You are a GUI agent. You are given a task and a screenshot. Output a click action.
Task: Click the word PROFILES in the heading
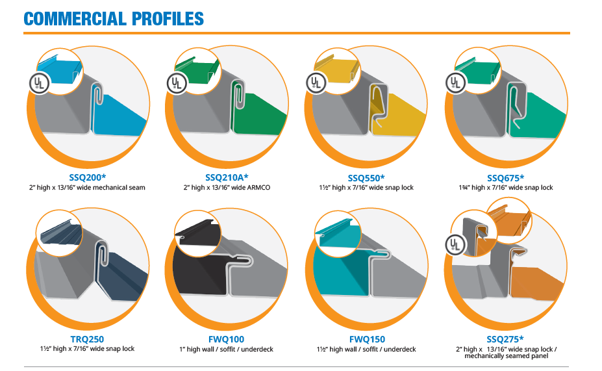tap(168, 19)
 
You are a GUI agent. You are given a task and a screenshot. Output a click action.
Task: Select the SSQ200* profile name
tap(88, 177)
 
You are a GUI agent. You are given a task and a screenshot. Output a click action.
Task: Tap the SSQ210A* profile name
tap(227, 177)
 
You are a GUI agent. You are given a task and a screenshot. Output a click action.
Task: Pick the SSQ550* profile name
tap(366, 178)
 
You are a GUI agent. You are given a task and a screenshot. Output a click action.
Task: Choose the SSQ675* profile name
tap(506, 178)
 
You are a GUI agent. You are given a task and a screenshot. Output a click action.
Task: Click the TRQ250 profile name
tap(87, 339)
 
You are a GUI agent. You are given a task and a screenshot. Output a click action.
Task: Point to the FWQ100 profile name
tap(226, 340)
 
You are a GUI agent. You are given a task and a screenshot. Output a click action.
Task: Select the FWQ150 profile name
tap(367, 340)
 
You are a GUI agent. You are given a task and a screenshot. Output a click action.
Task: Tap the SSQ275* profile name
tap(505, 340)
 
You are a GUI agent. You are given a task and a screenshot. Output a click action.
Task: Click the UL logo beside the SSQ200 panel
tap(40, 83)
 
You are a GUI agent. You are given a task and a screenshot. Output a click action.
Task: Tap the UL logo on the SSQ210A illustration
tap(177, 83)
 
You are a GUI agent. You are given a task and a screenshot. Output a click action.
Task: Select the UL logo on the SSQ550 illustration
tap(316, 83)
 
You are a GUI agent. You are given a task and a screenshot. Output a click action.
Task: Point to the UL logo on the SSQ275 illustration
tap(456, 245)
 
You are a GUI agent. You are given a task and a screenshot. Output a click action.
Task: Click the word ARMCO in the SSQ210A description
tap(258, 187)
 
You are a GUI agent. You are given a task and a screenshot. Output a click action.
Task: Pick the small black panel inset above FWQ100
tap(196, 232)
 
